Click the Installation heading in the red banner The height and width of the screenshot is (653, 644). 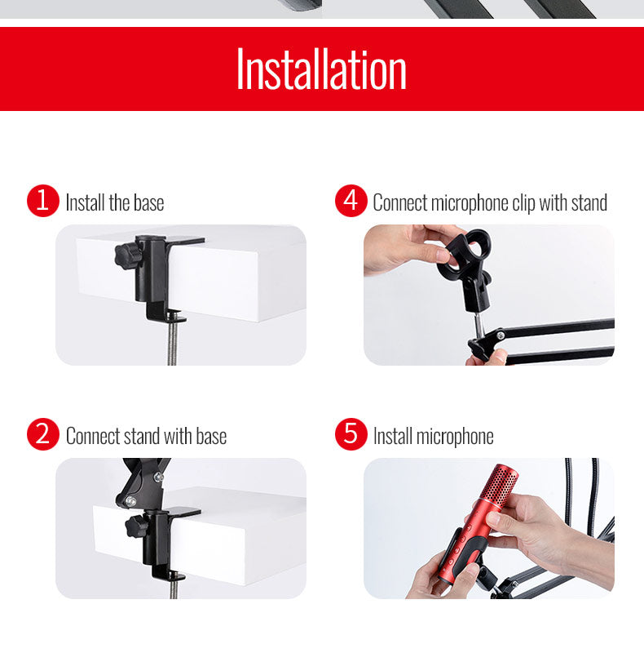click(321, 69)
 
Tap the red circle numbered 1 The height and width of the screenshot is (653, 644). click(43, 200)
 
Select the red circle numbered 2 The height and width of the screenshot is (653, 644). click(43, 434)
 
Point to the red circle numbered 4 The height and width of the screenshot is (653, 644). click(351, 200)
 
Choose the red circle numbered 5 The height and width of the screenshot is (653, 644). click(351, 434)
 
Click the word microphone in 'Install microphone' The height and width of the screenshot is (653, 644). click(455, 437)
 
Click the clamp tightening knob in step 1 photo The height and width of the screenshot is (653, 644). click(126, 254)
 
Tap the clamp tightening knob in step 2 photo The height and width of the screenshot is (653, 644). click(135, 526)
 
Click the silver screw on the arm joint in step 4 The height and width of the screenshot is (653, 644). click(501, 335)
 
